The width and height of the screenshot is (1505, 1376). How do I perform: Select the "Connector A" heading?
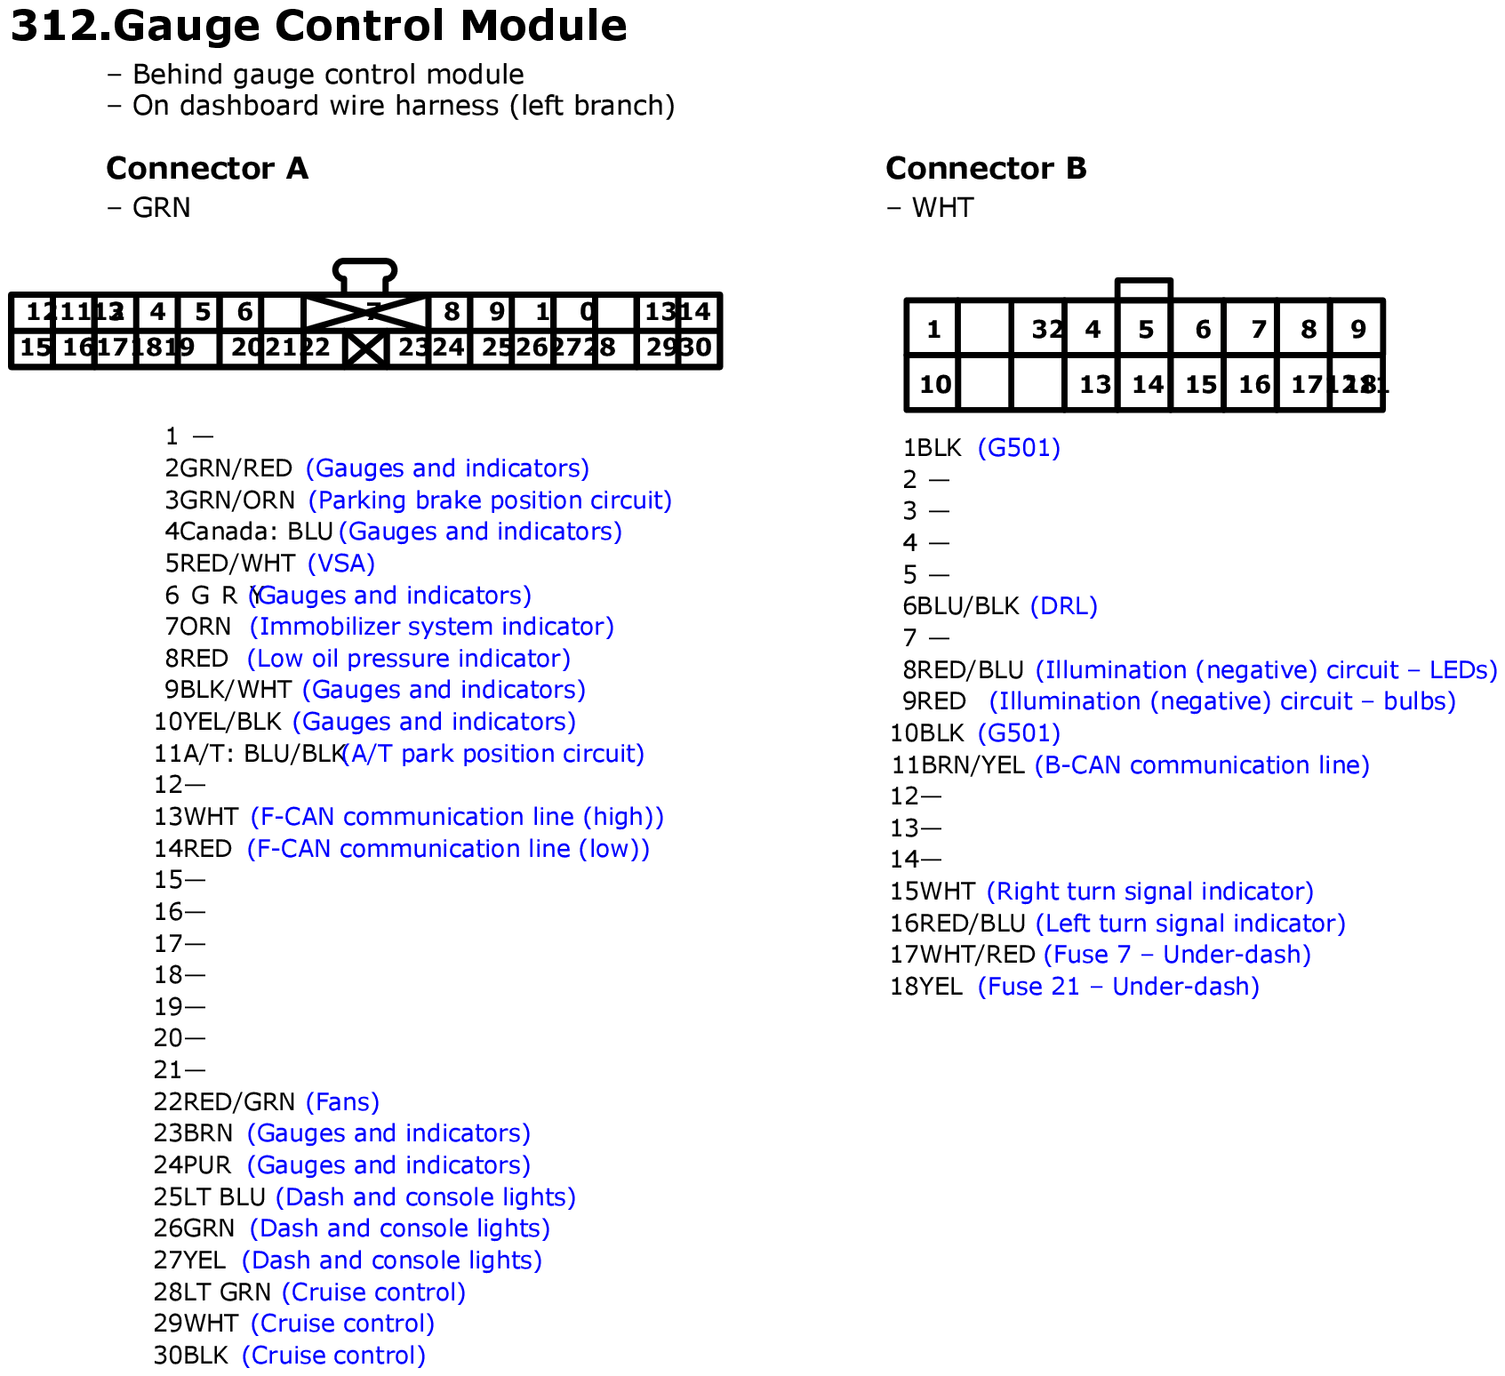click(x=207, y=168)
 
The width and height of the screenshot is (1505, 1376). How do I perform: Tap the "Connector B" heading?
click(x=986, y=168)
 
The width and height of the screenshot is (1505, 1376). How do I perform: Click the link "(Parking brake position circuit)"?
click(x=490, y=500)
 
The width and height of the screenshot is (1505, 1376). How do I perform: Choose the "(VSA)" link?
click(x=341, y=564)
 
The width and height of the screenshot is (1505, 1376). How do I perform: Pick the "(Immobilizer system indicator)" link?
click(x=431, y=627)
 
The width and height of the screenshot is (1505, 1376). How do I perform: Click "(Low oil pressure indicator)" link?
click(x=408, y=659)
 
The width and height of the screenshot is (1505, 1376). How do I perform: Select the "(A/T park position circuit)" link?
click(x=493, y=754)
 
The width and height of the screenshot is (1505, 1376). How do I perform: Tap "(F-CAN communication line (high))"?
click(x=457, y=817)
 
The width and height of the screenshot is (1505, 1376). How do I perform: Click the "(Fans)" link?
click(x=342, y=1102)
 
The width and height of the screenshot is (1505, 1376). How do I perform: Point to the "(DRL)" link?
click(x=1063, y=606)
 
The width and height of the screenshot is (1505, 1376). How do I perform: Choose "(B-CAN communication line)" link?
click(x=1202, y=765)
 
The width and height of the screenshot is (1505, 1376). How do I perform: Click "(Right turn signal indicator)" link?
click(x=1150, y=892)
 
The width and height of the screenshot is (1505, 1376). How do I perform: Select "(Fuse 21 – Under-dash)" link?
click(x=1118, y=987)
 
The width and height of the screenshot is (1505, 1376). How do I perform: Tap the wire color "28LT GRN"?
click(x=212, y=1292)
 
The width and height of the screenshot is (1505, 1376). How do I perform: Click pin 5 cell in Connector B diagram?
click(x=1145, y=330)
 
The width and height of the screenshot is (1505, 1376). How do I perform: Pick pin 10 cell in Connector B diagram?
click(x=933, y=384)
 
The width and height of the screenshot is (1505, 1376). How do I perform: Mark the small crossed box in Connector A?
click(x=366, y=348)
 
